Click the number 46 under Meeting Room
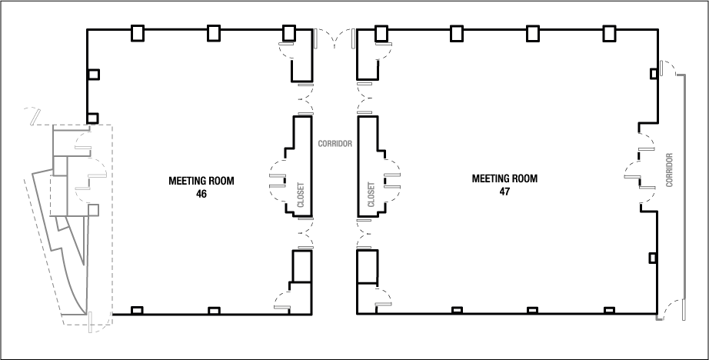(x=201, y=195)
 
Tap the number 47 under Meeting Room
(x=504, y=190)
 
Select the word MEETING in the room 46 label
(x=187, y=182)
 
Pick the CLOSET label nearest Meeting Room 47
(x=371, y=194)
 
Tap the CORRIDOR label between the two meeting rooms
(x=335, y=143)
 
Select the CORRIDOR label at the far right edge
(x=670, y=171)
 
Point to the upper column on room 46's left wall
(x=93, y=75)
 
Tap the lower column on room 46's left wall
(x=93, y=118)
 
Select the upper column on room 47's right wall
(x=653, y=72)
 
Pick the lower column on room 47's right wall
(x=653, y=257)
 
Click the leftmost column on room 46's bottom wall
(x=138, y=311)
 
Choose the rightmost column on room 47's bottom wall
(x=609, y=311)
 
